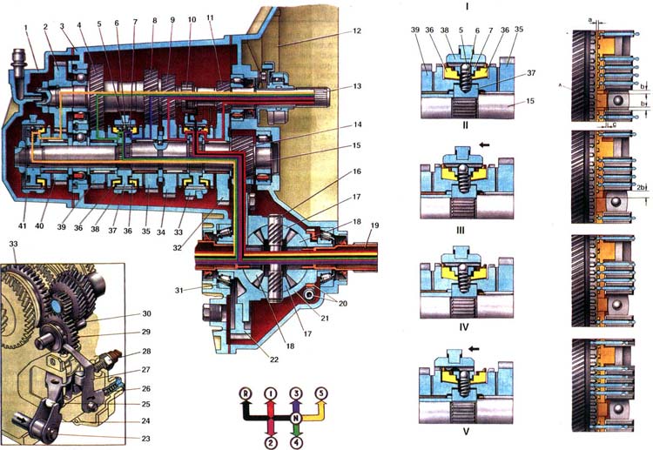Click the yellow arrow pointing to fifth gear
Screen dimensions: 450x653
coord(313,409)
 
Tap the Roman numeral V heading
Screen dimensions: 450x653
coord(468,440)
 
